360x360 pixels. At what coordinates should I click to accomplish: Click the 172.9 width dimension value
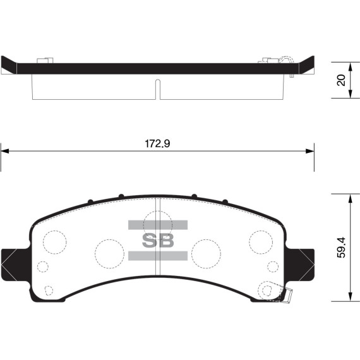pos(158,143)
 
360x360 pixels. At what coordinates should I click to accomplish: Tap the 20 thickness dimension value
pos(340,80)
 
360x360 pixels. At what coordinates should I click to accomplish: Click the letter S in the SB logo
pos(148,240)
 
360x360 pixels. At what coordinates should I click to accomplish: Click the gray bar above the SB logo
pos(158,225)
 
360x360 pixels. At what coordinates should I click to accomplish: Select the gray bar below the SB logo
pos(158,255)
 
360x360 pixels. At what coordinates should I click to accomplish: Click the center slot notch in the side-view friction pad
pos(158,88)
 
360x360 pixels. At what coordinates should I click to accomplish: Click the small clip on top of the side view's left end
pos(44,61)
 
